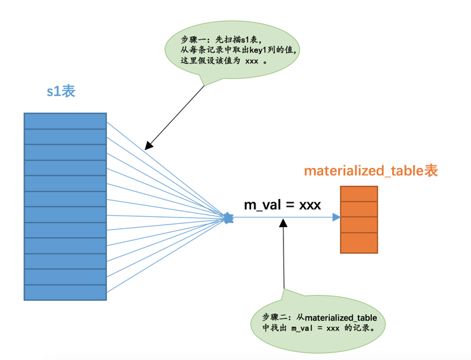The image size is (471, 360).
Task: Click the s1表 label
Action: click(x=61, y=91)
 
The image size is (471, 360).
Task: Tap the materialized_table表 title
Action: click(x=371, y=170)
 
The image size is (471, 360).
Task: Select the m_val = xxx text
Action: click(x=282, y=204)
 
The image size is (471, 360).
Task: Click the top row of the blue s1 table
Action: click(x=65, y=121)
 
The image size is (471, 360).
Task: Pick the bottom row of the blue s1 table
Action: click(x=65, y=293)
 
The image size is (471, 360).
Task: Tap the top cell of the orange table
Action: click(x=358, y=193)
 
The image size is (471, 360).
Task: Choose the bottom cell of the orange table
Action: click(x=358, y=243)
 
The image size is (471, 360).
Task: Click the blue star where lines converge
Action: click(x=229, y=218)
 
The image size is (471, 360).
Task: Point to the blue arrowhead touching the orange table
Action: click(x=336, y=218)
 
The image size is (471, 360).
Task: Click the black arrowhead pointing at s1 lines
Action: click(x=148, y=145)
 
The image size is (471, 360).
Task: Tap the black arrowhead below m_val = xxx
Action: click(x=283, y=225)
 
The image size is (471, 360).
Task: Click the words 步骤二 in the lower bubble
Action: click(x=275, y=317)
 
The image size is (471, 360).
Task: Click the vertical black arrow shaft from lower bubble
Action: click(x=283, y=261)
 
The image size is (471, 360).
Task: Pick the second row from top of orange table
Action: click(x=358, y=209)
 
